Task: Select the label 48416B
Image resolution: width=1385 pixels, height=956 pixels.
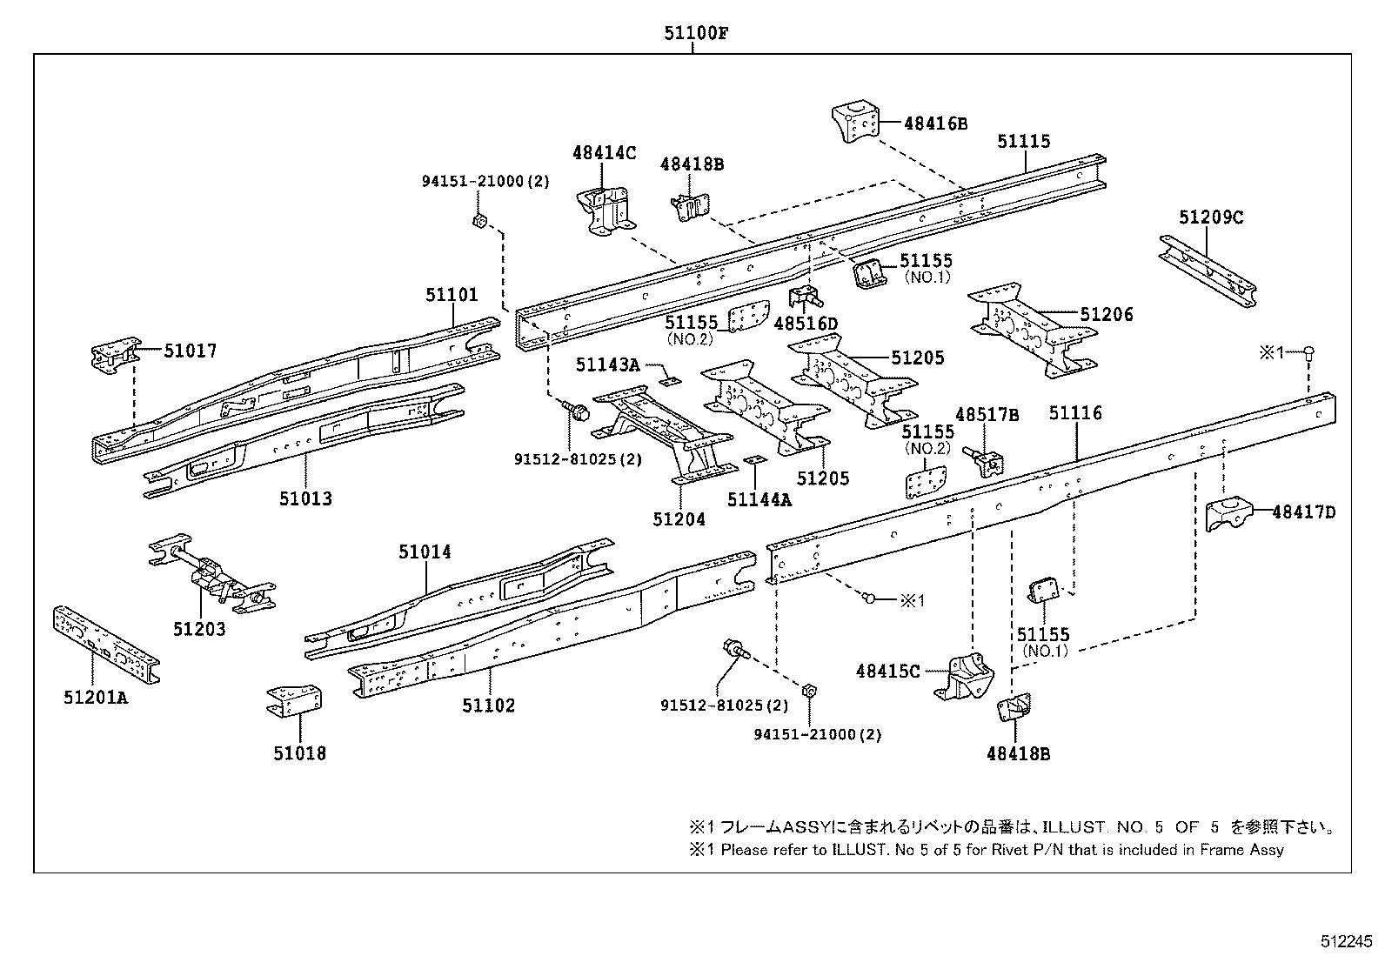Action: (x=935, y=124)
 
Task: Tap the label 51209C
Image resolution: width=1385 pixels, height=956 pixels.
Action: (x=1211, y=217)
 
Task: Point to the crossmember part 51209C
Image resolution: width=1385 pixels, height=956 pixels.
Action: (x=1208, y=269)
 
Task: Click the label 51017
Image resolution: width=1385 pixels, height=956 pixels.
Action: (x=191, y=351)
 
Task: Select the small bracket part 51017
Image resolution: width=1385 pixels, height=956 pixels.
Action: (x=116, y=358)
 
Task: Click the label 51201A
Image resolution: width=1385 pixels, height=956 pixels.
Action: (x=95, y=697)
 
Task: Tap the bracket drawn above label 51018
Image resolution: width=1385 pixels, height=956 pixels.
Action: (x=295, y=701)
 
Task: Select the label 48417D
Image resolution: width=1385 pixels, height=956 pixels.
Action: (x=1303, y=512)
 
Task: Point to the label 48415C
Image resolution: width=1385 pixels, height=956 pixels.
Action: (x=887, y=671)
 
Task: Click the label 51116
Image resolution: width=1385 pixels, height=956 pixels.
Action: (x=1074, y=413)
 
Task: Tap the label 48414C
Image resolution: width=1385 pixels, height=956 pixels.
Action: (x=604, y=153)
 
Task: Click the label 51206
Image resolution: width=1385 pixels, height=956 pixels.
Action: (x=1107, y=315)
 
